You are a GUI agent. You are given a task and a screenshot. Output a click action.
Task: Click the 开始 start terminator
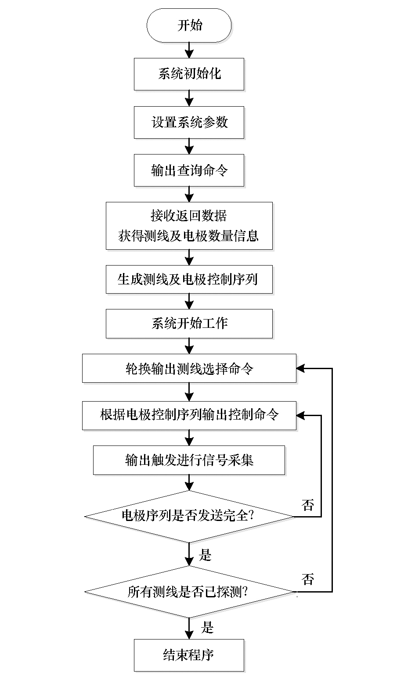[189, 25]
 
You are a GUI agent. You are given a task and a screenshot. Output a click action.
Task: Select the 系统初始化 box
[189, 74]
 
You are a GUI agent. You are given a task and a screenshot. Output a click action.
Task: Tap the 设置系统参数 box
[189, 122]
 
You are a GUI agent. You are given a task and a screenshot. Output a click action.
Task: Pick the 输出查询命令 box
[189, 170]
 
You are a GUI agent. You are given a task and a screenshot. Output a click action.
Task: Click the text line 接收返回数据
[189, 216]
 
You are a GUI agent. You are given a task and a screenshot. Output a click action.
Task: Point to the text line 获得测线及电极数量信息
[189, 236]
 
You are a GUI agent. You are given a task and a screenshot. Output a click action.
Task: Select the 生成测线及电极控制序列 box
[189, 279]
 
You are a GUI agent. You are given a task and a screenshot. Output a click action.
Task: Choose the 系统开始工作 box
[189, 324]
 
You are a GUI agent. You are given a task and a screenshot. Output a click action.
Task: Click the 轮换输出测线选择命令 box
[189, 369]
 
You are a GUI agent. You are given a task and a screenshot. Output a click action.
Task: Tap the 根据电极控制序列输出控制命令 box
[189, 414]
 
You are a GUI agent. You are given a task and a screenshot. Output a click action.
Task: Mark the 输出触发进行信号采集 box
[189, 460]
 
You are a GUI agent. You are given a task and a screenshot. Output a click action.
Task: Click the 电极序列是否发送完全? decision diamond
[189, 516]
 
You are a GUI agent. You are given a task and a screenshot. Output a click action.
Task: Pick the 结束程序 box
[189, 655]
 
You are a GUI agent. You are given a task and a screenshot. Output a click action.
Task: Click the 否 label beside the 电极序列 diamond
[308, 505]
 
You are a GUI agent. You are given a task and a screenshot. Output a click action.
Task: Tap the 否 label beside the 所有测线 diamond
[308, 579]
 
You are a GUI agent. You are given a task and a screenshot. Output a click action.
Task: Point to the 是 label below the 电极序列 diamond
[206, 555]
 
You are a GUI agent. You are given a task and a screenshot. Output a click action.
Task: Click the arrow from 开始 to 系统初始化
[189, 50]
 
